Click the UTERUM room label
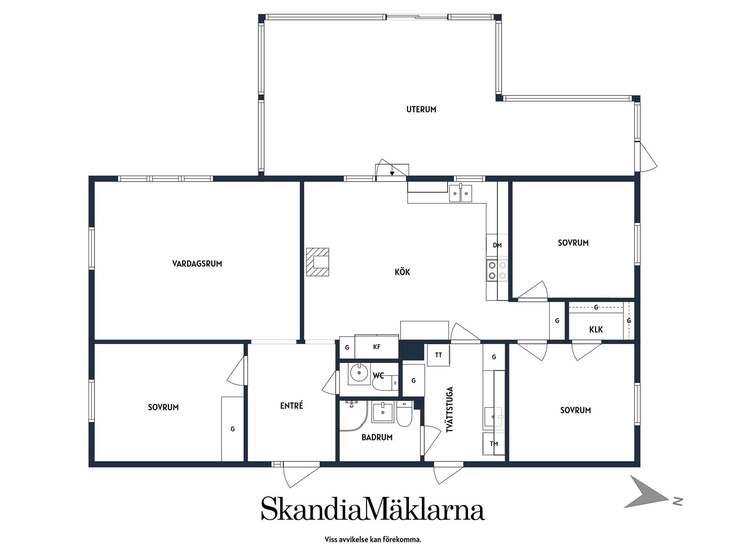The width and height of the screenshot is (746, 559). tap(421, 109)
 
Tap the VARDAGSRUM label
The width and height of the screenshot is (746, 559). tap(197, 264)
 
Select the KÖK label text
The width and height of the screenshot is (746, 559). tap(402, 272)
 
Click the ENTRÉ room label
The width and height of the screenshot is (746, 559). tap(291, 406)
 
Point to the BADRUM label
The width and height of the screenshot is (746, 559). tap(377, 437)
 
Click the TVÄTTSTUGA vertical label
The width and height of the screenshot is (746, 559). tap(450, 410)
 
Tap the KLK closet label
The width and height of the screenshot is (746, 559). tap(596, 330)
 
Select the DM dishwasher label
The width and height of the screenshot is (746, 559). tap(497, 245)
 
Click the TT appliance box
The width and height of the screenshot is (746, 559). tap(438, 355)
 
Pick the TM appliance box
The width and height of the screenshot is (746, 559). tap(493, 444)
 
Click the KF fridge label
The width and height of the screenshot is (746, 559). tap(376, 347)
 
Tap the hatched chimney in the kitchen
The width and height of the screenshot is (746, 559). tap(317, 262)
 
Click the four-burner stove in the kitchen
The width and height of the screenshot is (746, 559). tap(497, 270)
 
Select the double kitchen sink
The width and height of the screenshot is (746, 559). tap(461, 193)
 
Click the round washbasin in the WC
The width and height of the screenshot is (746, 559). tap(359, 373)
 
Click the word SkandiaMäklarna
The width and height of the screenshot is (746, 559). tap(373, 508)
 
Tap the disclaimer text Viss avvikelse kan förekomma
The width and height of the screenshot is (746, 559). tap(373, 540)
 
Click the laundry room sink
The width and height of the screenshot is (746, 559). tap(493, 418)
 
